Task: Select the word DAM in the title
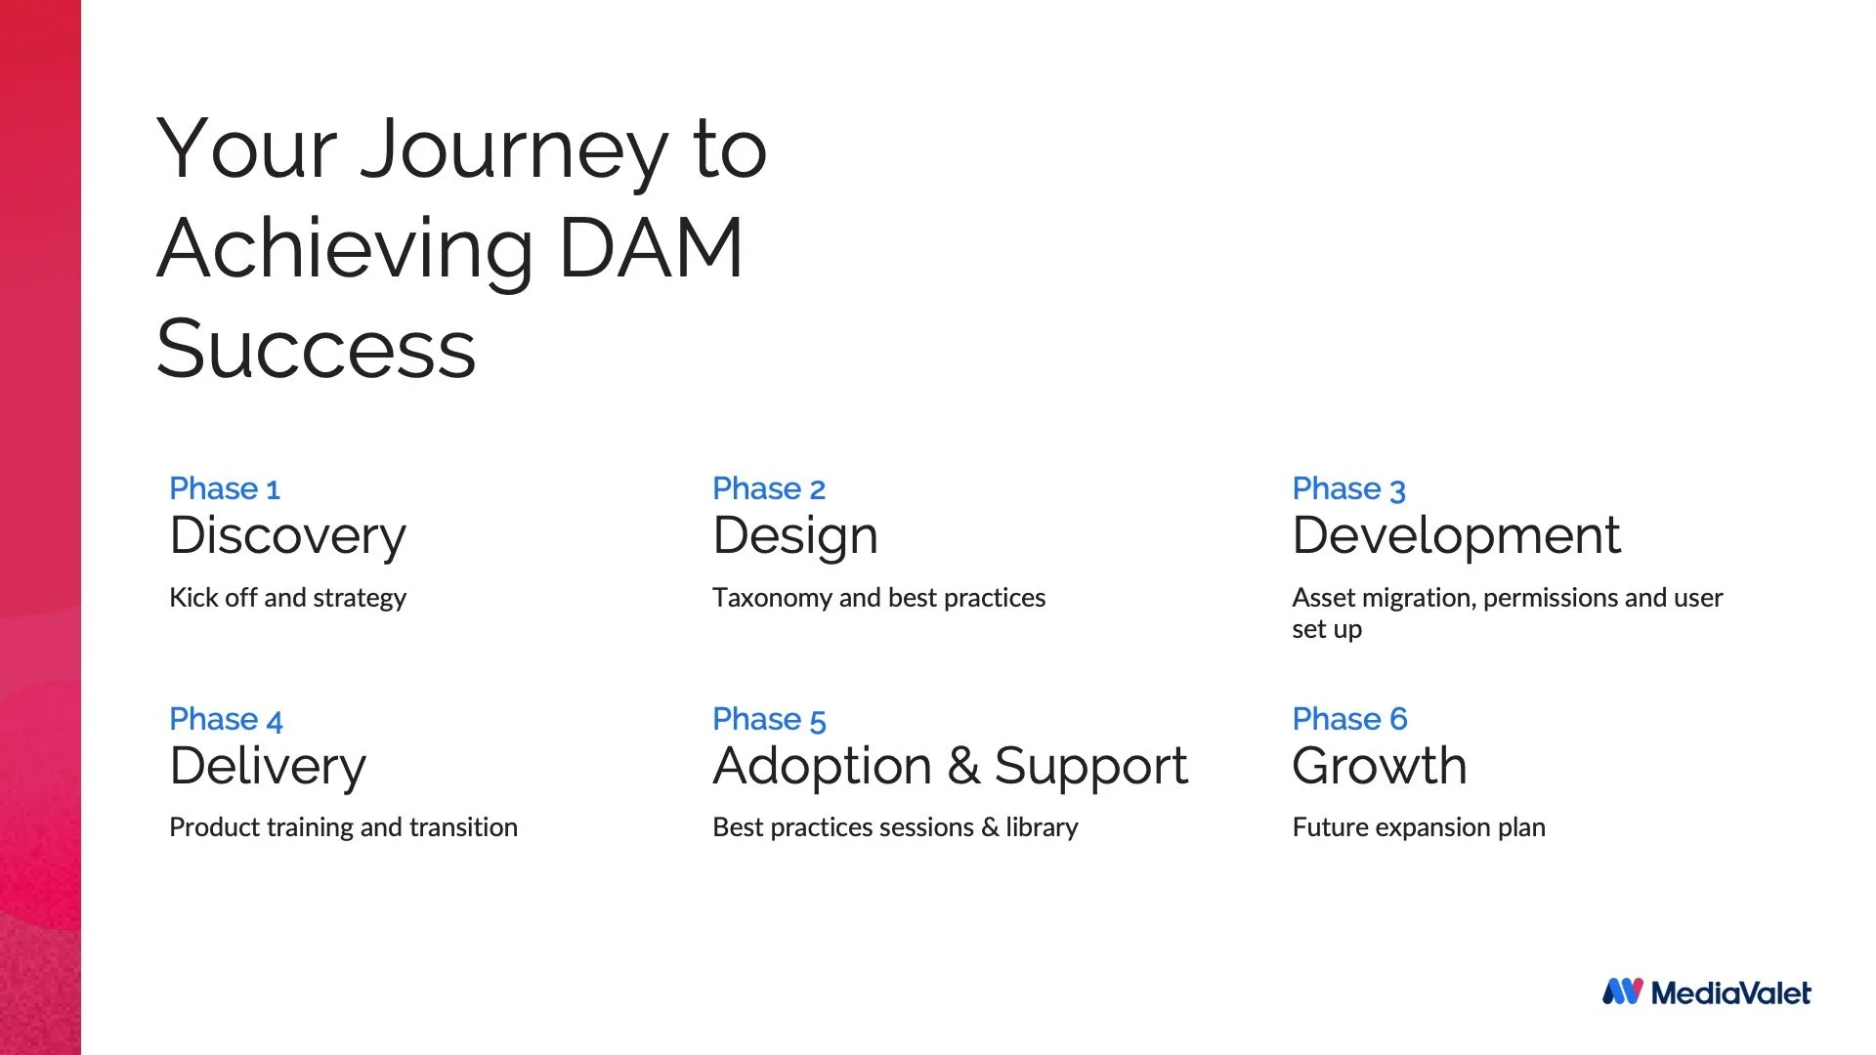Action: pyautogui.click(x=651, y=249)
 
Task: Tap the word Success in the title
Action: pyautogui.click(x=316, y=350)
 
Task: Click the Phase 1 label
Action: pyautogui.click(x=225, y=488)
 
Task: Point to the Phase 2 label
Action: pyautogui.click(x=769, y=488)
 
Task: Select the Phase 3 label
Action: pyautogui.click(x=1348, y=488)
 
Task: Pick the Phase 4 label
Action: pyautogui.click(x=226, y=719)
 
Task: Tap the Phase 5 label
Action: pyautogui.click(x=769, y=719)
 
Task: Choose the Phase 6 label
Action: pyautogui.click(x=1349, y=719)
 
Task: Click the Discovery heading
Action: pyautogui.click(x=287, y=536)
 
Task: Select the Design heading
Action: pyautogui.click(x=795, y=536)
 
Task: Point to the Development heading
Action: pyautogui.click(x=1456, y=535)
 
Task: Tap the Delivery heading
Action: pyautogui.click(x=268, y=766)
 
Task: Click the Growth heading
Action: pyautogui.click(x=1379, y=766)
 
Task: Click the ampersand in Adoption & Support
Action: pyautogui.click(x=963, y=766)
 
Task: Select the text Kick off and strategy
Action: pyautogui.click(x=287, y=598)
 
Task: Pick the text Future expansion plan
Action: pyautogui.click(x=1419, y=827)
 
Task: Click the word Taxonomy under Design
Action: pyautogui.click(x=771, y=598)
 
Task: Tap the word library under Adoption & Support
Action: pyautogui.click(x=1042, y=827)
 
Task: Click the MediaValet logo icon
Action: pyautogui.click(x=1622, y=992)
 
